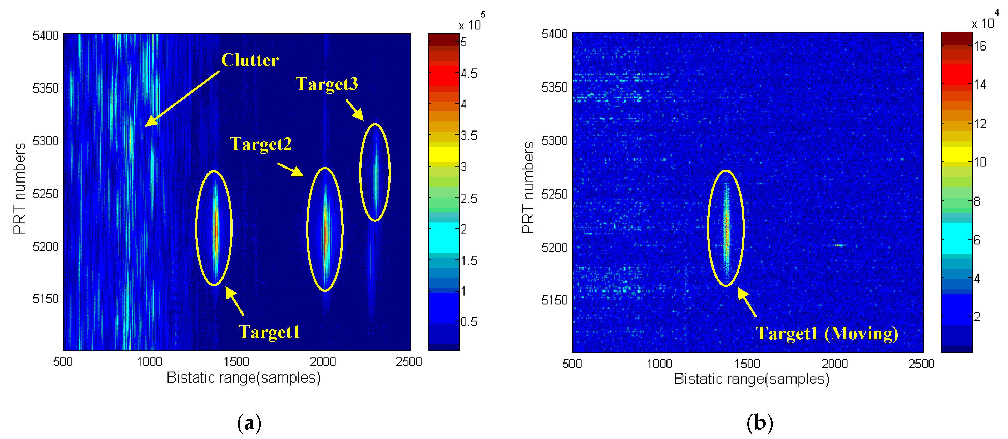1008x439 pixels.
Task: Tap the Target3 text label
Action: (x=326, y=84)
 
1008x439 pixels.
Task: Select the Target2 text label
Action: (x=261, y=144)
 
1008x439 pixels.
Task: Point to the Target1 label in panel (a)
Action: (x=269, y=332)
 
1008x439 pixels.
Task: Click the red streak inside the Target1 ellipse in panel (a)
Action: (x=215, y=231)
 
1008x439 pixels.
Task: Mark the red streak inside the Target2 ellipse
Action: (x=325, y=233)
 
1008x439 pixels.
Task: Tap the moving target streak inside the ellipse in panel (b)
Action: (x=726, y=231)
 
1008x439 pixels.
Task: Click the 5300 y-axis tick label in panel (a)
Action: (x=45, y=141)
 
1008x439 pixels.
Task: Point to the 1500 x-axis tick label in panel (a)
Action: (x=236, y=362)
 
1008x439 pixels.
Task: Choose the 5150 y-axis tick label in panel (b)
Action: (x=554, y=300)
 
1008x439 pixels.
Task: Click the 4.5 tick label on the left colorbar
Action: (x=468, y=73)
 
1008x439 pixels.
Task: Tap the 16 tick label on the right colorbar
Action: (x=980, y=46)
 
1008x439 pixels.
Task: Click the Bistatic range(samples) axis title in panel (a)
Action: (x=243, y=378)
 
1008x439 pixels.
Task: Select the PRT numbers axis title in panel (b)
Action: (x=528, y=188)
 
